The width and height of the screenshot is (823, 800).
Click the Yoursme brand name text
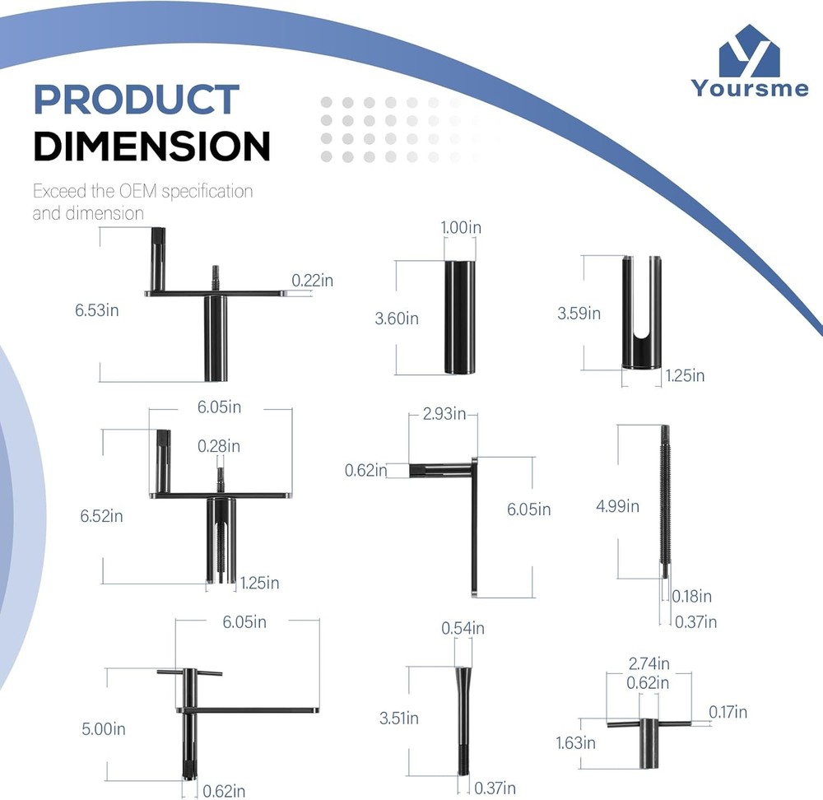(750, 88)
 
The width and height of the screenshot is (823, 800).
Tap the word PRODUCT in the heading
(137, 100)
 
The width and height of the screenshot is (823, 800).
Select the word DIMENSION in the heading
(151, 146)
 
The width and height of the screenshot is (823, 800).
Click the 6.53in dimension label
(97, 310)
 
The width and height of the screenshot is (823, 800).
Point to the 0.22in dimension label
(312, 281)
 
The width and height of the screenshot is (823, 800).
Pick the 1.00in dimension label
(461, 227)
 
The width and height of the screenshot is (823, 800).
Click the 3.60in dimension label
(397, 319)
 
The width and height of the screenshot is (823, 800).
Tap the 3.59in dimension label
(579, 314)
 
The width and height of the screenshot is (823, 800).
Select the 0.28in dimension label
(219, 446)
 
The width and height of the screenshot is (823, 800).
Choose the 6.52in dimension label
(102, 516)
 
